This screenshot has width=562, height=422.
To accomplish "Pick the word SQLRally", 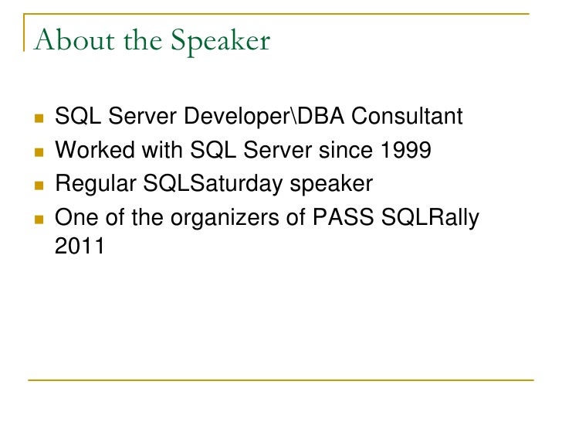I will tap(432, 219).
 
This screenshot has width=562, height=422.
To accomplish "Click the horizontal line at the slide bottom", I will tap(281, 379).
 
